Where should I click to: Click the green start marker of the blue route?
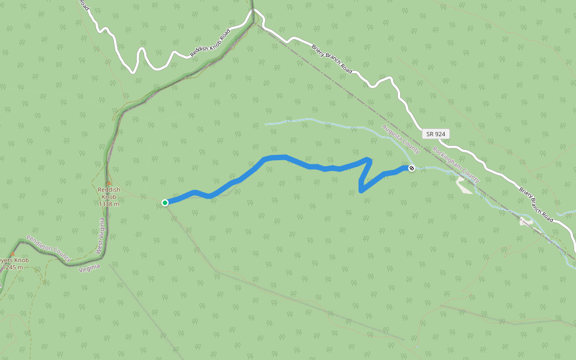pos(165,203)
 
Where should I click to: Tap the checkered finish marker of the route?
pos(412,168)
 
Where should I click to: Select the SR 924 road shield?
pos(436,134)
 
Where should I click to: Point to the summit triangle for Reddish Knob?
pos(109,183)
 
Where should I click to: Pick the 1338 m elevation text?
pos(109,204)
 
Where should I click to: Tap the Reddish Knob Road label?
pos(210,44)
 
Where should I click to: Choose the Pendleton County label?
pos(49,248)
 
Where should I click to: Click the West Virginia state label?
pos(101,236)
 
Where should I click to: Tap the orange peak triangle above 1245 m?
pos(12,254)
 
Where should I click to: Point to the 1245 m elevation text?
pos(12,267)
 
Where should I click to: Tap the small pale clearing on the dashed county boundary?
pos(526,222)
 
